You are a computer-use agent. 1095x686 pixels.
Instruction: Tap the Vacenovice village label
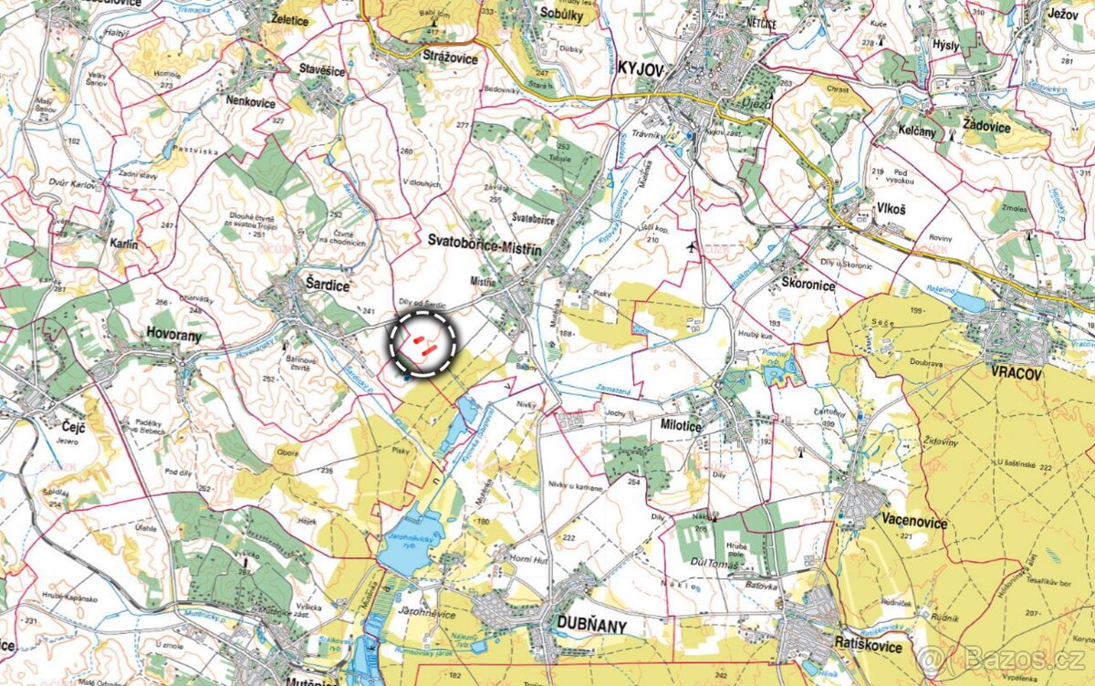pyautogui.click(x=914, y=523)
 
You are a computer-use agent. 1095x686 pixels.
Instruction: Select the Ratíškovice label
pyautogui.click(x=868, y=647)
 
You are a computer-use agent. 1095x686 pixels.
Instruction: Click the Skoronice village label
pyautogui.click(x=808, y=284)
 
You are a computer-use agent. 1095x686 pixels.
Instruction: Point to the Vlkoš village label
pyautogui.click(x=892, y=207)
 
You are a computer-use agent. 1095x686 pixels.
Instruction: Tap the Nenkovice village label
pyautogui.click(x=250, y=102)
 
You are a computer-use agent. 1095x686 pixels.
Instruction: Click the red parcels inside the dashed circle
pyautogui.click(x=422, y=342)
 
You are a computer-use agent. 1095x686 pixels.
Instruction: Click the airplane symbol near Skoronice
pyautogui.click(x=691, y=246)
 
